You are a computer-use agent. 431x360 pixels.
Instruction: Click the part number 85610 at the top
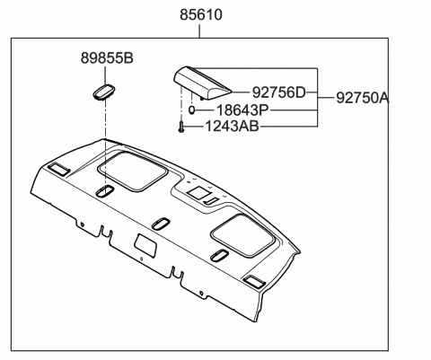[x=200, y=15]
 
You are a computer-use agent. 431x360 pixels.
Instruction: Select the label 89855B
[x=103, y=59]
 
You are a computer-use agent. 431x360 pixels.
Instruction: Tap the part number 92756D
[x=278, y=92]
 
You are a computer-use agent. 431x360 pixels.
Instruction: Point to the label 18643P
[x=242, y=110]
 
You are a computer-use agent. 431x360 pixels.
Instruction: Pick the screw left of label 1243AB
[x=182, y=127]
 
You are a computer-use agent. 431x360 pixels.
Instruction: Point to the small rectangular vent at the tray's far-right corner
[x=254, y=282]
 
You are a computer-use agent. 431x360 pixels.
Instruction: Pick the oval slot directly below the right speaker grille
[x=219, y=257]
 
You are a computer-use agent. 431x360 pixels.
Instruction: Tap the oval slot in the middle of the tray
[x=162, y=223]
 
